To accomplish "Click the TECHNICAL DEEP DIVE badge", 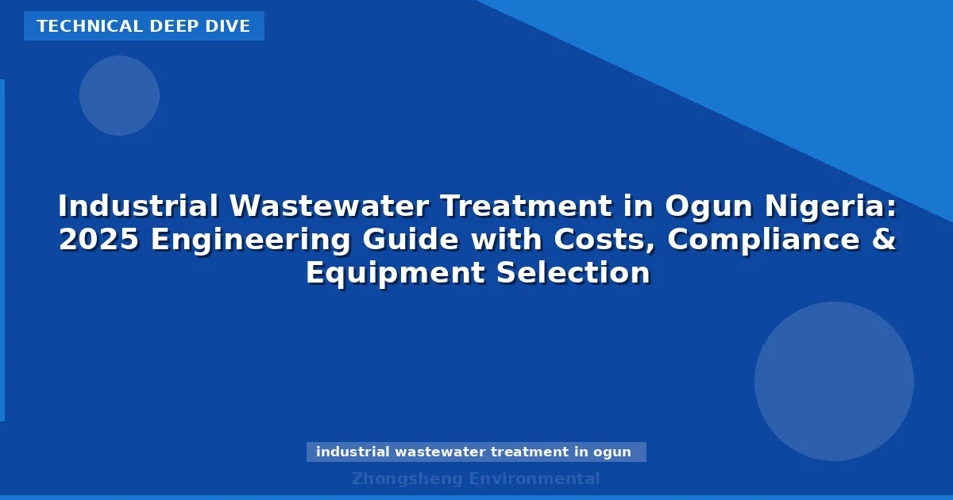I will (144, 26).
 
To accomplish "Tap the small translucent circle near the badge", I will (119, 95).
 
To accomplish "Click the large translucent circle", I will (834, 381).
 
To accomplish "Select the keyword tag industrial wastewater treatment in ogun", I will (474, 452).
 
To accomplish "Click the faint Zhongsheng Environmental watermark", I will (476, 479).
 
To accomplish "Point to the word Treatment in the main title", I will (527, 207).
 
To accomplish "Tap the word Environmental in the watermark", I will (534, 479).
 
